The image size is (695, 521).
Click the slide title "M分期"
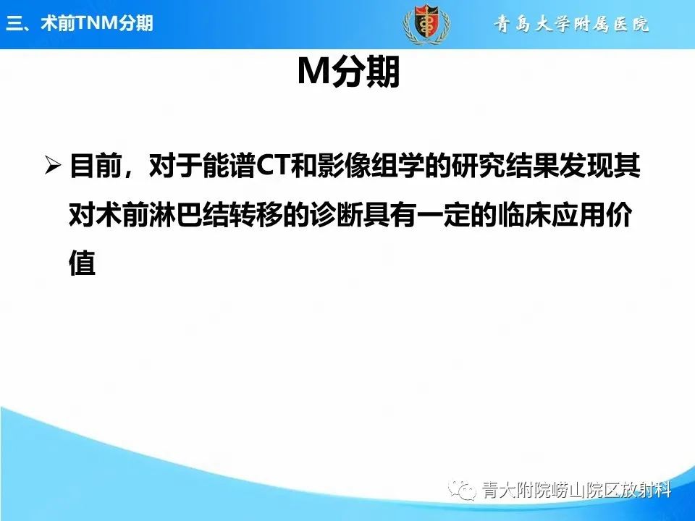[x=349, y=72]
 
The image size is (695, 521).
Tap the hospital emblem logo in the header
[x=426, y=23]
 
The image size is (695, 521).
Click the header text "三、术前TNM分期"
[x=80, y=23]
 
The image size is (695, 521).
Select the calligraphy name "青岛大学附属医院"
[x=572, y=25]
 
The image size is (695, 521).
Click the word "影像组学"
[x=365, y=167]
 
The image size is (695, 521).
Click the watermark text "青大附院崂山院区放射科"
[x=576, y=491]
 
